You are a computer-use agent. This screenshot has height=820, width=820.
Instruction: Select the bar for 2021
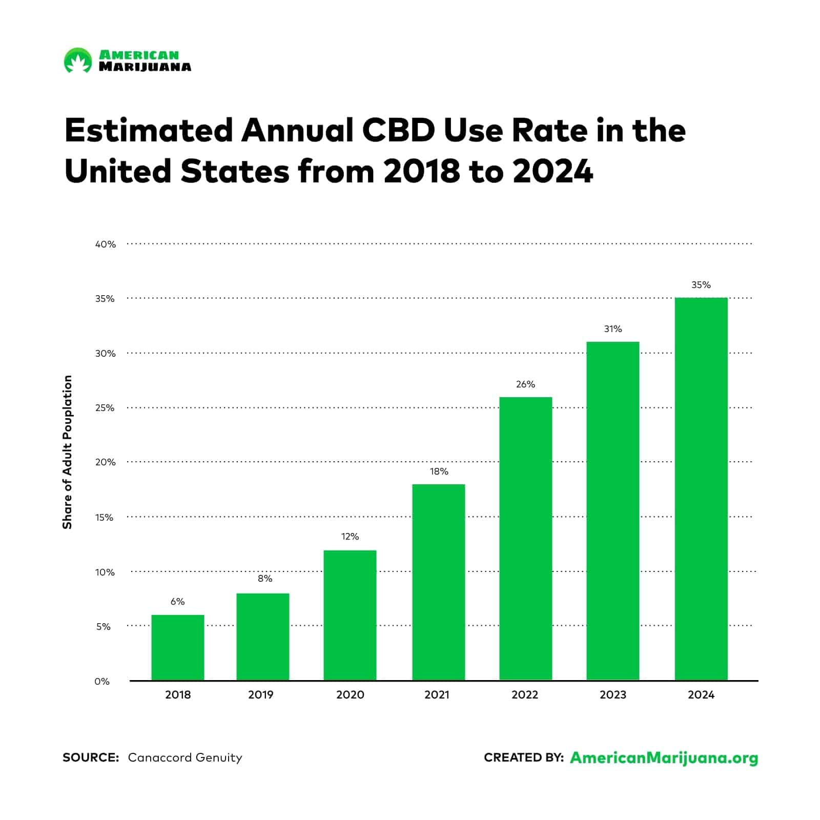tap(438, 582)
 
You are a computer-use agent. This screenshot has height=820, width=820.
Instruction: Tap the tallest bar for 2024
tap(701, 489)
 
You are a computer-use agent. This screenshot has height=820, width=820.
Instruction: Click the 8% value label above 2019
tap(265, 579)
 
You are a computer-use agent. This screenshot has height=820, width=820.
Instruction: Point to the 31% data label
tap(613, 329)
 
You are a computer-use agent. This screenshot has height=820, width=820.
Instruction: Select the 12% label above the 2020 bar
tap(350, 537)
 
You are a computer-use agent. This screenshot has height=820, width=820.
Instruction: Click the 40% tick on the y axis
tap(106, 244)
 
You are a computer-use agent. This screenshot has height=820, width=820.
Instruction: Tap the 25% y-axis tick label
tap(105, 408)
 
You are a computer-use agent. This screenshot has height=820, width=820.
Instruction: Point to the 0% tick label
tap(102, 682)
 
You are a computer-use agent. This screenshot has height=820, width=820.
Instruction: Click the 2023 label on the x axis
tap(613, 695)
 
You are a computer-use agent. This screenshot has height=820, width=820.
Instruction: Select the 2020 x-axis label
tap(350, 695)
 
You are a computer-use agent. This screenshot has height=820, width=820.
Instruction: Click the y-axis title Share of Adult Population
tap(67, 452)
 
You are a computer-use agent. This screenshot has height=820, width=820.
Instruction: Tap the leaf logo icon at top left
tap(77, 60)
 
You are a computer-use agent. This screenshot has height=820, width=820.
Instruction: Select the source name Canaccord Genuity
tap(184, 757)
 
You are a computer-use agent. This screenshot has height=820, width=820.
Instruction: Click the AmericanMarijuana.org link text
tap(664, 758)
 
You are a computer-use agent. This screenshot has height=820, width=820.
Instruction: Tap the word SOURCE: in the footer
tap(91, 757)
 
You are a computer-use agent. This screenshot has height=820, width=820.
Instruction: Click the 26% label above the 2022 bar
tap(525, 384)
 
